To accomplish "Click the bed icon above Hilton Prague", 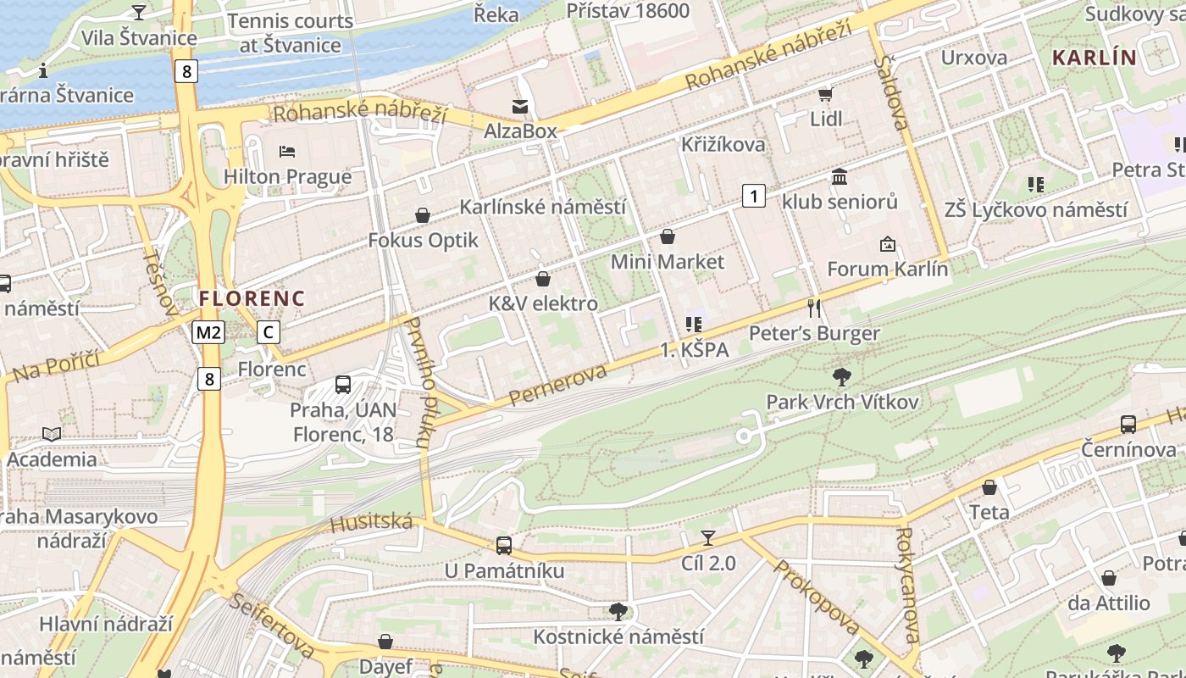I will point(287,152).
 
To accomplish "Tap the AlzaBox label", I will point(520,131).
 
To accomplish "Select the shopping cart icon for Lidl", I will point(826,94).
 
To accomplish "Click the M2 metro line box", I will point(208,332).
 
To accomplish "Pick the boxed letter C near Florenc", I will point(268,332).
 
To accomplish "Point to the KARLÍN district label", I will point(1094,58).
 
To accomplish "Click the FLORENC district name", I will point(252,298).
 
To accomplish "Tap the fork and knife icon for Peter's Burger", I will point(814,308).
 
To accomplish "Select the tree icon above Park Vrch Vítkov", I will point(841,376).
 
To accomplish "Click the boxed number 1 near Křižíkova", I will point(753,197).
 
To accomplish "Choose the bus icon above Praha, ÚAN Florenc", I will point(343,385).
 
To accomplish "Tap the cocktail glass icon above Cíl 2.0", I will point(708,537).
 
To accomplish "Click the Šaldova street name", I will point(894,93).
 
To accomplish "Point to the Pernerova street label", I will point(558,386).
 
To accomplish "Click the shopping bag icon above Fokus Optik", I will point(423,215).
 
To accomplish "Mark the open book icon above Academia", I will point(52,434).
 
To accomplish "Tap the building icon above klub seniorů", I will point(840,176).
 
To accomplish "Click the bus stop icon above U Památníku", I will point(504,545).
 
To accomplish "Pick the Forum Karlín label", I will point(887,270).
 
